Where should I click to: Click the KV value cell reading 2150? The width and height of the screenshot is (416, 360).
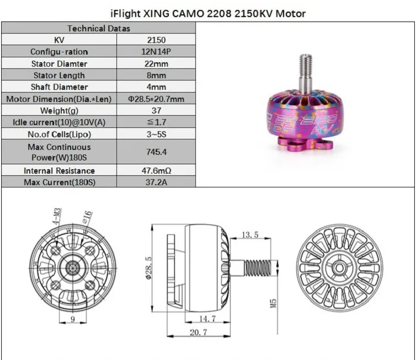point(156,40)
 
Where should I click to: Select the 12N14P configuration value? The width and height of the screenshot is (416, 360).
point(156,51)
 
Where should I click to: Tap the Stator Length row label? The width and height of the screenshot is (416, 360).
point(59,76)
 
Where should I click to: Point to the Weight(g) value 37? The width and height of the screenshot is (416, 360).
point(156,110)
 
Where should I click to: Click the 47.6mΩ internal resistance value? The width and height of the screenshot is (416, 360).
point(156,170)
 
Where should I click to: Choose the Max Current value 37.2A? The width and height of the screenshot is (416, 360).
point(156,182)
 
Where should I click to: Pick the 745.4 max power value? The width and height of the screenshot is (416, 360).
point(156,152)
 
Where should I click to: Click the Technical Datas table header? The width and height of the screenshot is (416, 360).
point(99,28)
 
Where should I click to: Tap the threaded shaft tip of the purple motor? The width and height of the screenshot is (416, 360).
point(306,57)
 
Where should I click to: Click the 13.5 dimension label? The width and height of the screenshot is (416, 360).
point(250,235)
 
